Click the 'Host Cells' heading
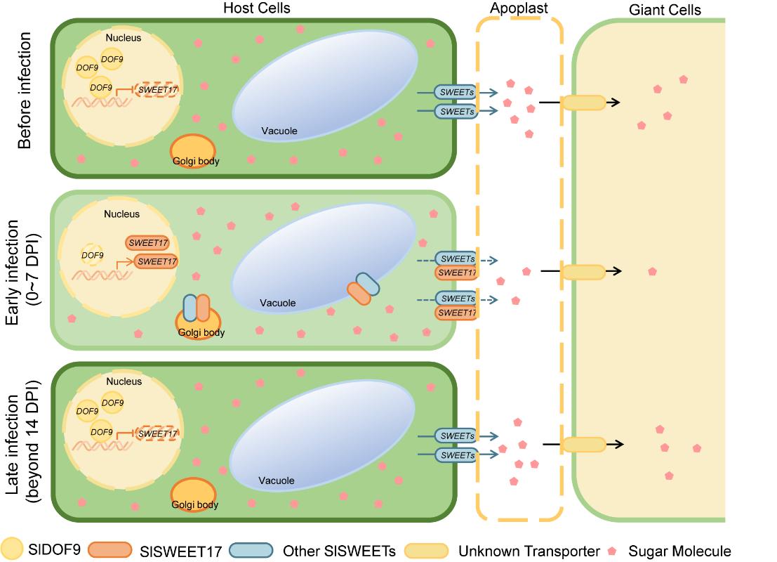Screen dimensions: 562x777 coord(256,8)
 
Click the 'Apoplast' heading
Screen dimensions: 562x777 coord(519,8)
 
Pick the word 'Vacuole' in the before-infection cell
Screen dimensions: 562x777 coord(279,131)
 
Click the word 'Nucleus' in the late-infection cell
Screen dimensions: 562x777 coord(124,381)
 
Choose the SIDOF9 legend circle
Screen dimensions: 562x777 coord(13,550)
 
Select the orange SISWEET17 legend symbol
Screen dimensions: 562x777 coord(110,551)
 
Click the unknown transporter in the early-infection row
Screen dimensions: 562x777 coord(583,271)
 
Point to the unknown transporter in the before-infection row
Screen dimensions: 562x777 coord(583,103)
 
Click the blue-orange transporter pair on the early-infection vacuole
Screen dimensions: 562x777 coord(363,289)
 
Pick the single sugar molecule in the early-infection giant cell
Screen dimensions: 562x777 coord(653,271)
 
